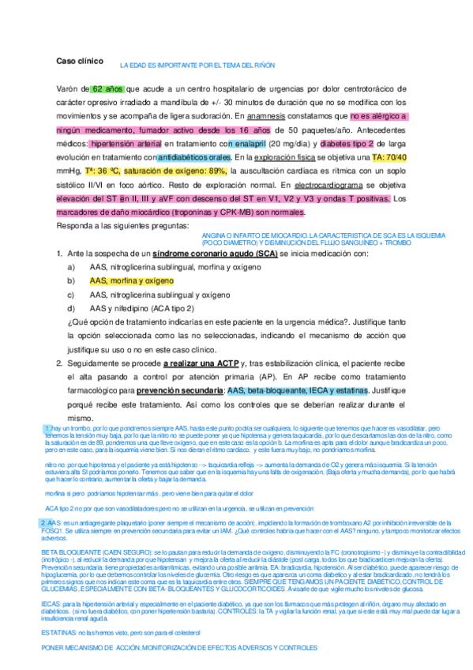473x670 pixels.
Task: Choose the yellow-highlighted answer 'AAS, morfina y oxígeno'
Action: [130, 280]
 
